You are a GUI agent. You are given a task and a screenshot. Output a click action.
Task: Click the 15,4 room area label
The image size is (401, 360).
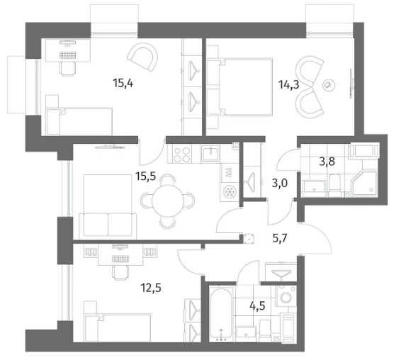tap(123, 84)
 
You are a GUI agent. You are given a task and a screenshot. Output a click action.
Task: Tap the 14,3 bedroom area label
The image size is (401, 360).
tap(289, 84)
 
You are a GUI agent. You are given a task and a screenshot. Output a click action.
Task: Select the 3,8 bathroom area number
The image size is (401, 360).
tap(327, 162)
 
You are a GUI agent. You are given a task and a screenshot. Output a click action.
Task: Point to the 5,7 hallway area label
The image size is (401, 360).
tap(280, 238)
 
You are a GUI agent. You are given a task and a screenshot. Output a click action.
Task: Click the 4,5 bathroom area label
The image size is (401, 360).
tap(257, 305)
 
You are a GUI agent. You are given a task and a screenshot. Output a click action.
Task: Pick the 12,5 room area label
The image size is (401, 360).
tap(151, 288)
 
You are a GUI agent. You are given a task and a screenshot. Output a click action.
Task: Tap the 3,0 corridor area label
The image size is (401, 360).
tap(280, 184)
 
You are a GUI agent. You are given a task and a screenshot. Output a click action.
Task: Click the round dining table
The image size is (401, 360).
tap(167, 201)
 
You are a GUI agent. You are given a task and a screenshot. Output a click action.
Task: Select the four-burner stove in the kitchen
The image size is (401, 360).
tap(182, 154)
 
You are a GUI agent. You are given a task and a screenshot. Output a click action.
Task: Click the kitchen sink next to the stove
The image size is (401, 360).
tap(210, 153)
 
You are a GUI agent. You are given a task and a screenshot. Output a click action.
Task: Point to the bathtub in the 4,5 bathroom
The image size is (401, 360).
tap(222, 314)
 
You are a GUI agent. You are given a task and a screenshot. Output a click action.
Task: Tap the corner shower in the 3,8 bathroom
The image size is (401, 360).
tap(364, 184)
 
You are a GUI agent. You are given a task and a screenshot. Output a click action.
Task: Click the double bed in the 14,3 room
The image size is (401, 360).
tap(239, 86)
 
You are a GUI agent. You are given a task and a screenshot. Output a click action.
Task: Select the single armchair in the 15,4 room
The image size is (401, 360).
tap(142, 57)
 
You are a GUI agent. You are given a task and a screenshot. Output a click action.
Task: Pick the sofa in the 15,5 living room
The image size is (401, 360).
tap(108, 225)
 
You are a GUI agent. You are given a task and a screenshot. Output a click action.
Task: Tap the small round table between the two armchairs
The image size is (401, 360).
tap(328, 85)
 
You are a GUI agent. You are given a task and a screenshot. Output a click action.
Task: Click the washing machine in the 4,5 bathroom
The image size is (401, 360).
tap(286, 296)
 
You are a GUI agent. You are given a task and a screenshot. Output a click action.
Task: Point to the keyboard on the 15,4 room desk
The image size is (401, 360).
tap(68, 55)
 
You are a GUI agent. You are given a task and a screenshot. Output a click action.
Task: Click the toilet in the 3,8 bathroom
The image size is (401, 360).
tap(334, 183)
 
